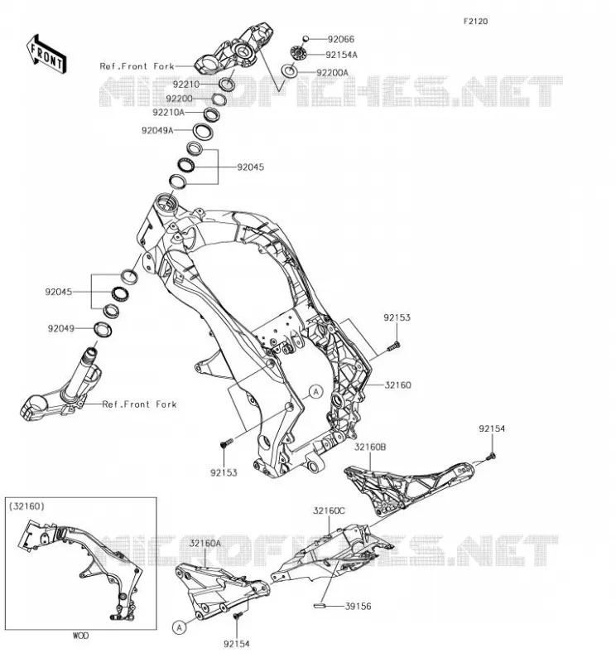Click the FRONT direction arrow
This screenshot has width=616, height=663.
point(46,54)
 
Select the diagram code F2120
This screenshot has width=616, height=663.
point(475,22)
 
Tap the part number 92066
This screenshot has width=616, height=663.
point(341,39)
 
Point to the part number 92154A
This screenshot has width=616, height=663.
point(341,55)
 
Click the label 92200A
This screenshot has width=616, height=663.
point(333,73)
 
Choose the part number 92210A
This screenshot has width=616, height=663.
point(169,113)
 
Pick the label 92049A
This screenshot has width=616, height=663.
point(157,131)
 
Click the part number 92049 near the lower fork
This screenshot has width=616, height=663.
point(60,328)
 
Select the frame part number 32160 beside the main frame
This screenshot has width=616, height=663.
point(397,385)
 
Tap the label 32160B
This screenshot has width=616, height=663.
point(370,447)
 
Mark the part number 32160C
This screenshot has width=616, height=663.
point(330,511)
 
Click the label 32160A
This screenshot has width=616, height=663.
point(205,544)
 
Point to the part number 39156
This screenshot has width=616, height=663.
point(359,607)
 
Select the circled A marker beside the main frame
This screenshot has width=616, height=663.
point(315,392)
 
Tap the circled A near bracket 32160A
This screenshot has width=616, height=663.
point(180,627)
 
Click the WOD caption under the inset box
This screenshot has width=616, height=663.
point(80,636)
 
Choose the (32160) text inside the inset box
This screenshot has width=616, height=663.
point(26,506)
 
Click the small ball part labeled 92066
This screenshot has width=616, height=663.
point(306,39)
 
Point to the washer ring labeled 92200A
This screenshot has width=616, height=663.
point(290,71)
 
